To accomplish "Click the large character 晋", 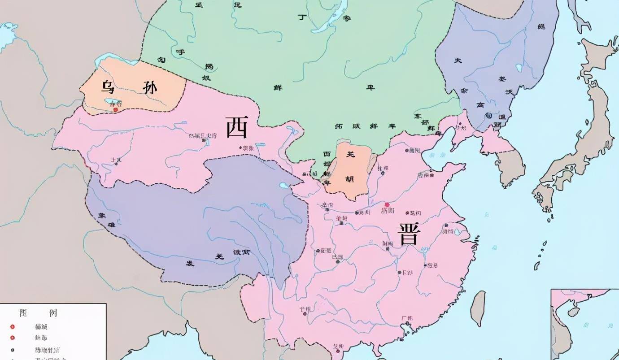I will [408, 234].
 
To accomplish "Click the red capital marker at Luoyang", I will [387, 204].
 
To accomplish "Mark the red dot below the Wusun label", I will [115, 109].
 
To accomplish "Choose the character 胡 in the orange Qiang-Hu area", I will [349, 179].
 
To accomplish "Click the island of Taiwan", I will [478, 308].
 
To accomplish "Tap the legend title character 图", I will [23, 312].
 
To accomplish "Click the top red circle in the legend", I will [13, 327].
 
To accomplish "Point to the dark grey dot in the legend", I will [13, 350].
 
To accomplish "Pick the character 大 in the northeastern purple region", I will [458, 60].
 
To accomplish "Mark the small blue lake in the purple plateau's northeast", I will [284, 185].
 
